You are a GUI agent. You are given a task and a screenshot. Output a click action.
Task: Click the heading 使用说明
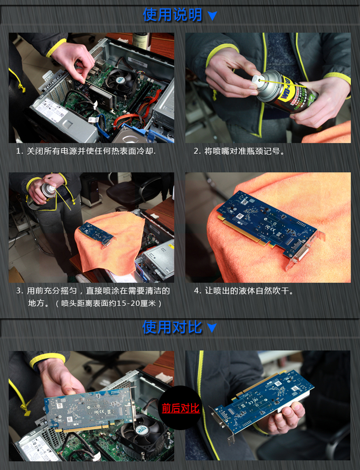(x=172, y=15)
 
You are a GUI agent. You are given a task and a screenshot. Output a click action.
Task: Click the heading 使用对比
(x=172, y=327)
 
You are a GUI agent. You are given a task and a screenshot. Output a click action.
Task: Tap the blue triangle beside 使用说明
(x=212, y=16)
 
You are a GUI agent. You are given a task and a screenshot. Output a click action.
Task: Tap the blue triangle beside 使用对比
(x=212, y=328)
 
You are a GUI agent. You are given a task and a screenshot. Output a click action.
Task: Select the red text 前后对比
(x=180, y=408)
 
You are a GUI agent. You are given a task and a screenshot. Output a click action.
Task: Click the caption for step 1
(x=86, y=151)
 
